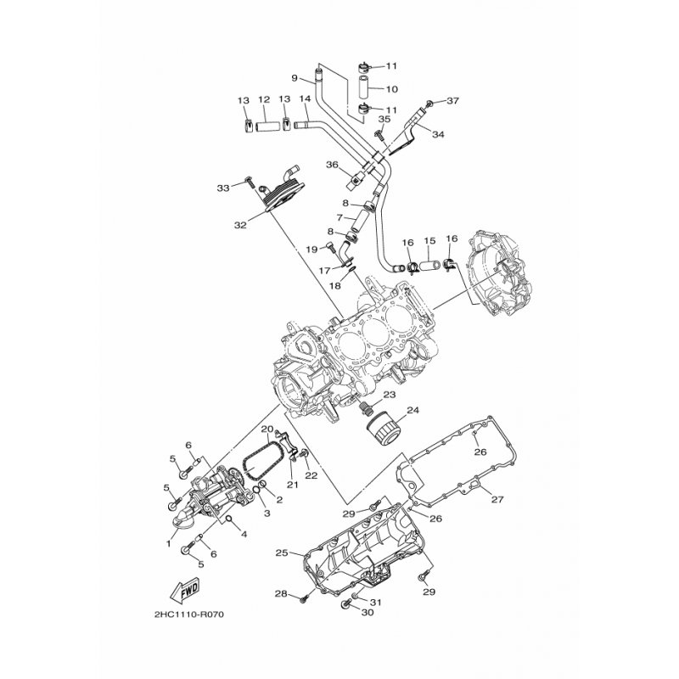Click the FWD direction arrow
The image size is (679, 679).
pyautogui.click(x=184, y=590)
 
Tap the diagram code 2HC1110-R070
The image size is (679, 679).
pyautogui.click(x=188, y=614)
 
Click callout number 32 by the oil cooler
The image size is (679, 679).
pyautogui.click(x=240, y=225)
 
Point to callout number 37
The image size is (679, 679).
pyautogui.click(x=452, y=101)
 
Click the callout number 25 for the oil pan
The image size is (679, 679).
pyautogui.click(x=283, y=553)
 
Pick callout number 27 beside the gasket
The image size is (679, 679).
pyautogui.click(x=497, y=499)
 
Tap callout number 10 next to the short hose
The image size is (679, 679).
pyautogui.click(x=391, y=89)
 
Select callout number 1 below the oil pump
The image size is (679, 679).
pyautogui.click(x=169, y=543)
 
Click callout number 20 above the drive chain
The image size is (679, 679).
pyautogui.click(x=267, y=429)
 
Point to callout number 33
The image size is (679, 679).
pyautogui.click(x=223, y=188)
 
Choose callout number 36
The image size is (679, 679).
pyautogui.click(x=332, y=165)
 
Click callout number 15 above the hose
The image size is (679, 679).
pyautogui.click(x=429, y=240)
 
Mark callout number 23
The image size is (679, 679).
pyautogui.click(x=390, y=395)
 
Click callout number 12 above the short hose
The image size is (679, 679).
pyautogui.click(x=264, y=99)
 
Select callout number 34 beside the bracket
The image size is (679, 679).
pyautogui.click(x=438, y=135)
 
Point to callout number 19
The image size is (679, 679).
pyautogui.click(x=311, y=249)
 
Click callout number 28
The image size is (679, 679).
pyautogui.click(x=281, y=593)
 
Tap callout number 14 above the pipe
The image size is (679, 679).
pyautogui.click(x=305, y=98)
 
